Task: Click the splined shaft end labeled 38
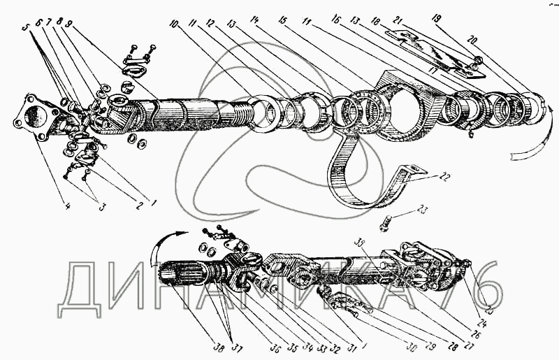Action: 180,275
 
